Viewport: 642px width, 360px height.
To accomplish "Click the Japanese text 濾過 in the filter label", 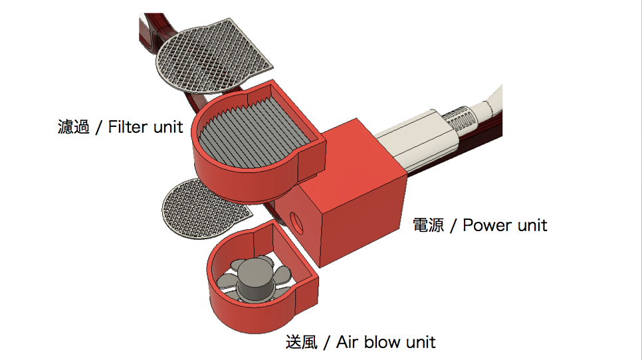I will [73, 127].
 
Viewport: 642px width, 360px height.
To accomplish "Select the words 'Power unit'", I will [505, 225].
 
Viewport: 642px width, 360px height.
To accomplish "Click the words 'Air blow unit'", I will [386, 343].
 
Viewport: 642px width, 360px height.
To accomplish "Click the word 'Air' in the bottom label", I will [348, 343].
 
